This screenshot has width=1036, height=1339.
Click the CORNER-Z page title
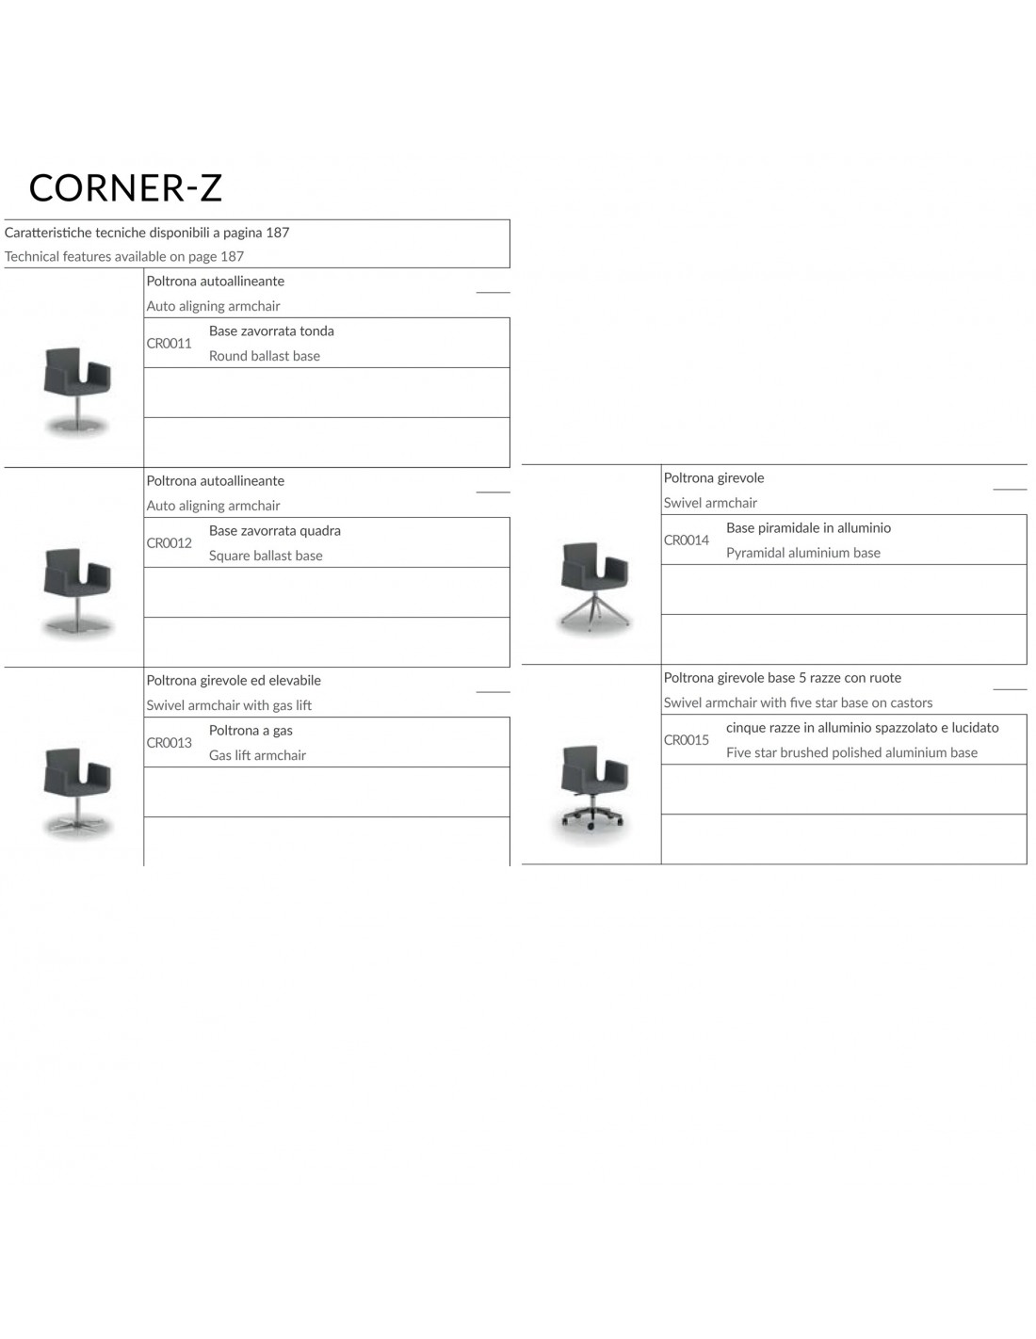point(125,187)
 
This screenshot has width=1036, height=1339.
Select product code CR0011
point(169,343)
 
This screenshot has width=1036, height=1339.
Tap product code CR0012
point(169,543)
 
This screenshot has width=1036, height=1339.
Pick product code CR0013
point(169,743)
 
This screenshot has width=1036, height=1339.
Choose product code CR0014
point(686,540)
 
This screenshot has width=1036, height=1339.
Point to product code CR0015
point(686,739)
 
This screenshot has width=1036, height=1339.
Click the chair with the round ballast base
point(77,392)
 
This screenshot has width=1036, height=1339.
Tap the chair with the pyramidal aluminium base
point(593,589)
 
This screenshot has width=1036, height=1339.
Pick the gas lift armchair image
point(77,793)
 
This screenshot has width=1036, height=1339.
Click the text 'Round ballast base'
point(265,356)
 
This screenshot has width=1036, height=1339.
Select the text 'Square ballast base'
point(266,556)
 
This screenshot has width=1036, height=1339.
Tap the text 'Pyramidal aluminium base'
point(803,553)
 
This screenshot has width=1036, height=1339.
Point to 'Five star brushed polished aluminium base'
point(851,752)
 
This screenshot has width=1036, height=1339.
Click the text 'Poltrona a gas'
point(251,730)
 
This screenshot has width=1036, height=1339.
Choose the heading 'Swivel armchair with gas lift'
point(229,705)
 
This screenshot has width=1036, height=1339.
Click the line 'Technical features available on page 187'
point(124,256)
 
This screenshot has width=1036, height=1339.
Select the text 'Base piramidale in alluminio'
point(809,527)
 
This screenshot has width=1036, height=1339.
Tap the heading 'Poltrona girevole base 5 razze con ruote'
point(783,678)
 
